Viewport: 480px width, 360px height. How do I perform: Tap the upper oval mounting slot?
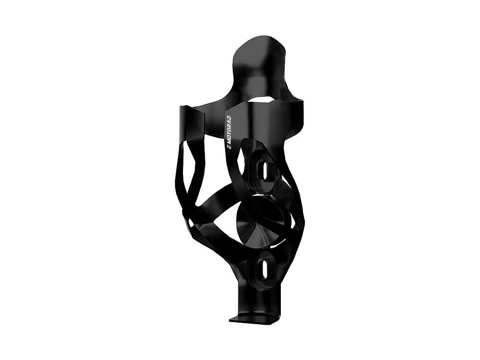(262, 170)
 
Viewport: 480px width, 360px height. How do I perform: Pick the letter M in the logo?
(228, 141)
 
